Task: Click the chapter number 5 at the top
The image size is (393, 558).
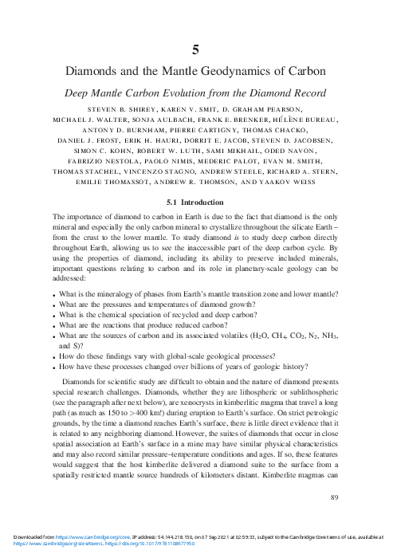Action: (196, 47)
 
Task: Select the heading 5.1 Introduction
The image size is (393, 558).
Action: (196, 203)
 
